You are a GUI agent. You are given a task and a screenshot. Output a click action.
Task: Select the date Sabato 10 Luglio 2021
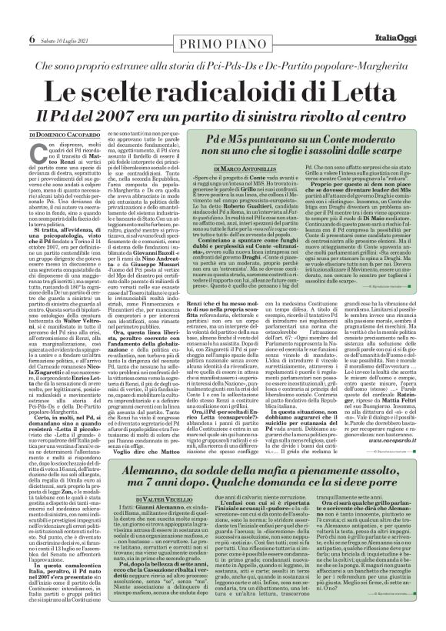(x=46, y=18)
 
